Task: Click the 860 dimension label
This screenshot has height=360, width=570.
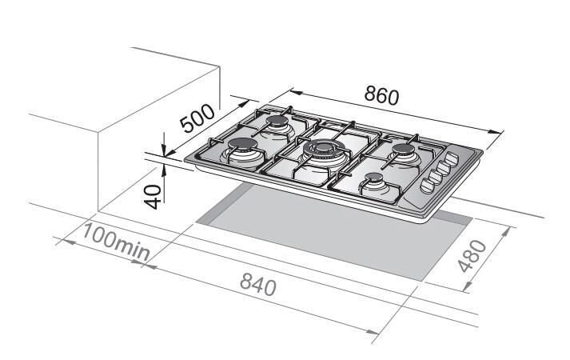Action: point(381,95)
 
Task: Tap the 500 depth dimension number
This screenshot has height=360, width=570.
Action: point(198,118)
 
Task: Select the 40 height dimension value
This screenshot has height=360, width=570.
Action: point(153,197)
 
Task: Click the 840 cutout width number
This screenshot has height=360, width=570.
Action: point(258,284)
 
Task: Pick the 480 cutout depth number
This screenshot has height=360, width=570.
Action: point(472,256)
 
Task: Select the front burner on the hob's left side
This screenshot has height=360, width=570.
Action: point(242,149)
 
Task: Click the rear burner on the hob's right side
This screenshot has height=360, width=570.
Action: point(404,152)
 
